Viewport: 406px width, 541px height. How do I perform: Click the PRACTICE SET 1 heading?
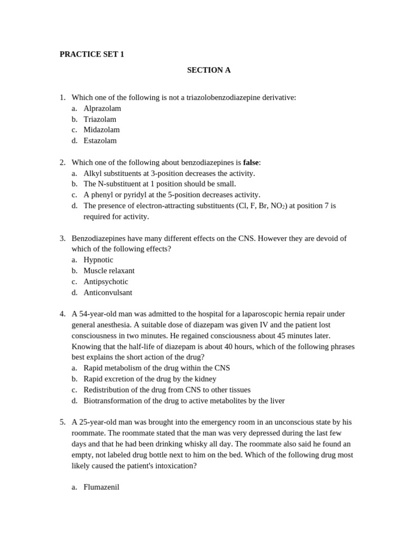pos(91,54)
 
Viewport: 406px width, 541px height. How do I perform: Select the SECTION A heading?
pos(208,70)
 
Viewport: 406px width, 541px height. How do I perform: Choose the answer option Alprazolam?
pos(102,108)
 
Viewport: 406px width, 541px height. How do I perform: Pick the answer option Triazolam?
pos(100,119)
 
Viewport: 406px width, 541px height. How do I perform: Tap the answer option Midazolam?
pos(101,130)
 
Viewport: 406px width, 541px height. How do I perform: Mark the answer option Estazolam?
pos(100,141)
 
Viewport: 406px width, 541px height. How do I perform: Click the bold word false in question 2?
pos(251,162)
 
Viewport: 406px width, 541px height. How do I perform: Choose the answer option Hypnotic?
pos(98,260)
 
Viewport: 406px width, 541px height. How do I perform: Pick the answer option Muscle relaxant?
pos(109,270)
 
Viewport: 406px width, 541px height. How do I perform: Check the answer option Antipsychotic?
pos(106,282)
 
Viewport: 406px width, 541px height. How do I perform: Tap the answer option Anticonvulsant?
pos(108,292)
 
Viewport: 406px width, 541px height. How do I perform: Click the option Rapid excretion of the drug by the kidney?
pos(150,379)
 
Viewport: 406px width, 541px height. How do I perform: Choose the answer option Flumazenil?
pos(101,487)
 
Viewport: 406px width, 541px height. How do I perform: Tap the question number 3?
pos(62,238)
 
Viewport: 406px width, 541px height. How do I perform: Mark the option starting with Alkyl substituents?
pos(169,173)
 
